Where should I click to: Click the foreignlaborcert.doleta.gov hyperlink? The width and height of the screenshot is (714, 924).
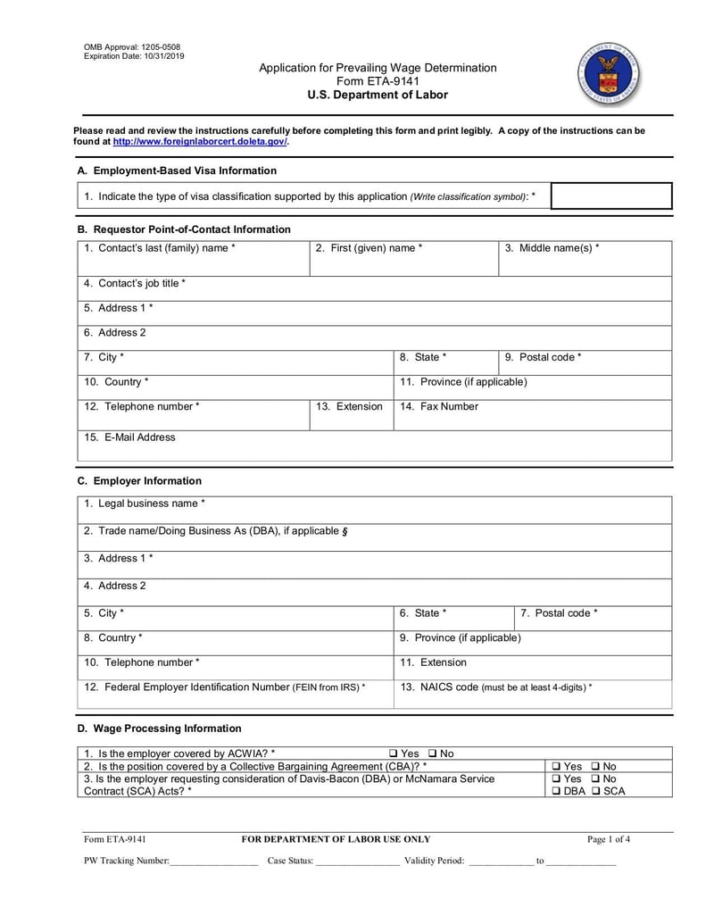tap(200, 141)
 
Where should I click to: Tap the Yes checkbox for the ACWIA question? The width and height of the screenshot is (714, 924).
tap(394, 753)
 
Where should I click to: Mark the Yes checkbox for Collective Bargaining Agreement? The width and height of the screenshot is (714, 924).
tap(556, 766)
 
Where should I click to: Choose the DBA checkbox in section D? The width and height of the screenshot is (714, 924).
tap(556, 791)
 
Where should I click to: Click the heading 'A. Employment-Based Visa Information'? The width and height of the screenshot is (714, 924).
tap(177, 171)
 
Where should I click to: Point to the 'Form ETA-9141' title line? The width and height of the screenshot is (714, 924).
tap(378, 81)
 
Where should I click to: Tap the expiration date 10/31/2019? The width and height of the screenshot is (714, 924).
tap(165, 56)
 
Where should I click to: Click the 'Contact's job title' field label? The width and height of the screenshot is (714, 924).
tap(135, 283)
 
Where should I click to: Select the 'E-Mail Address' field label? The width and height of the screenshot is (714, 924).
tap(129, 437)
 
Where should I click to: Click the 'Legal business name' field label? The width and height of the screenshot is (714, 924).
tap(144, 504)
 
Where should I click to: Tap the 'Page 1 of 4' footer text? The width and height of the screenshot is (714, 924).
tap(609, 839)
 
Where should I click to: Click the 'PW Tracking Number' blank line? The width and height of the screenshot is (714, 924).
tap(214, 862)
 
